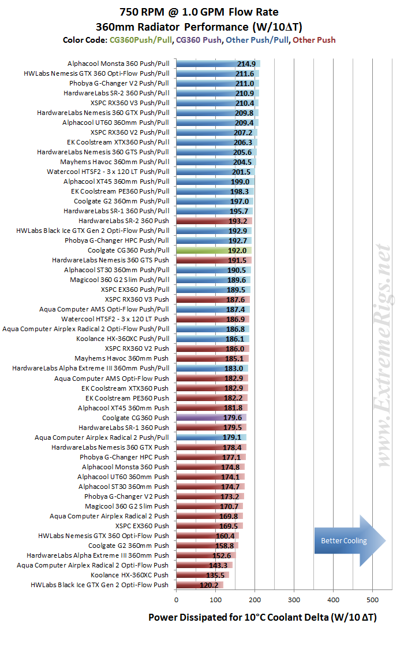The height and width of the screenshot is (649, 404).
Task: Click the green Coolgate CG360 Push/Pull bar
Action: pyautogui.click(x=214, y=250)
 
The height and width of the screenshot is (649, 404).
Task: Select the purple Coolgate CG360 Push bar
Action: pyautogui.click(x=211, y=418)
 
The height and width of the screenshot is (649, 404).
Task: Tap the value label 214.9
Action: pyautogui.click(x=246, y=64)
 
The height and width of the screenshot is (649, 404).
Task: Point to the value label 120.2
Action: pyautogui.click(x=209, y=585)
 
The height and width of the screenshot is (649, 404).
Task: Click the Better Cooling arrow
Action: pyautogui.click(x=350, y=540)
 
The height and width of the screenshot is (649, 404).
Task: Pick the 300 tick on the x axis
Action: pyautogui.click(x=294, y=600)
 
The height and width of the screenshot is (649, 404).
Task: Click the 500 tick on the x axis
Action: pyautogui.click(x=373, y=600)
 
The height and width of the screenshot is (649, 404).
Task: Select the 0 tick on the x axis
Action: pyautogui.click(x=176, y=600)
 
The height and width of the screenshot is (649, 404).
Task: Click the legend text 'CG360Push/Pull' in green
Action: pyautogui.click(x=141, y=40)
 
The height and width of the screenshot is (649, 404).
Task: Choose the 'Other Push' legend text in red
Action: pyautogui.click(x=315, y=40)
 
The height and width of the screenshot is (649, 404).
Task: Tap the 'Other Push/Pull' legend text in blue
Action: pyautogui.click(x=257, y=40)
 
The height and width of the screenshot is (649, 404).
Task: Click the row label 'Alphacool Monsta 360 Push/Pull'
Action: pyautogui.click(x=118, y=64)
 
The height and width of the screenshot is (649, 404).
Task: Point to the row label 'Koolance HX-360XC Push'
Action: pyautogui.click(x=129, y=575)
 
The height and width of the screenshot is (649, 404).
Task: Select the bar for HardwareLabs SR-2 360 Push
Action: pyautogui.click(x=214, y=221)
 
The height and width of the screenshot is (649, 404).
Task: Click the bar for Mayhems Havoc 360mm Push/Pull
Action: pyautogui.click(x=216, y=162)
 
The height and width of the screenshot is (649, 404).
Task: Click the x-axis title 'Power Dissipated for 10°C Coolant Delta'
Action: pyautogui.click(x=240, y=617)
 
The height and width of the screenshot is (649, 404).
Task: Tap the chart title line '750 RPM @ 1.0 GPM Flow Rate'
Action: pyautogui.click(x=199, y=12)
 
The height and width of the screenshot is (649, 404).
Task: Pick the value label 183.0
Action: pyautogui.click(x=234, y=368)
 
